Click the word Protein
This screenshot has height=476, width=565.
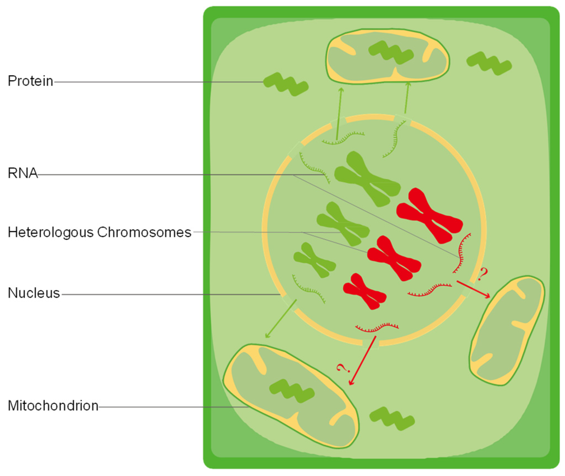(30, 81)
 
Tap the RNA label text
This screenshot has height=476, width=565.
(23, 173)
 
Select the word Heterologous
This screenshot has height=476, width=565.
(51, 232)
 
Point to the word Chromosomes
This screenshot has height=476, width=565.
(144, 232)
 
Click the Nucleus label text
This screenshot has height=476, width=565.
(34, 293)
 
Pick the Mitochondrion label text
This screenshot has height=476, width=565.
(53, 406)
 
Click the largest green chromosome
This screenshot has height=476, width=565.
(367, 179)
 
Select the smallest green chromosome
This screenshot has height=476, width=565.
(315, 260)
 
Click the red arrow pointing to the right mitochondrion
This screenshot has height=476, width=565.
(473, 289)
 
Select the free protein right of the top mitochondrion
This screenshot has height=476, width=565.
(489, 63)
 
